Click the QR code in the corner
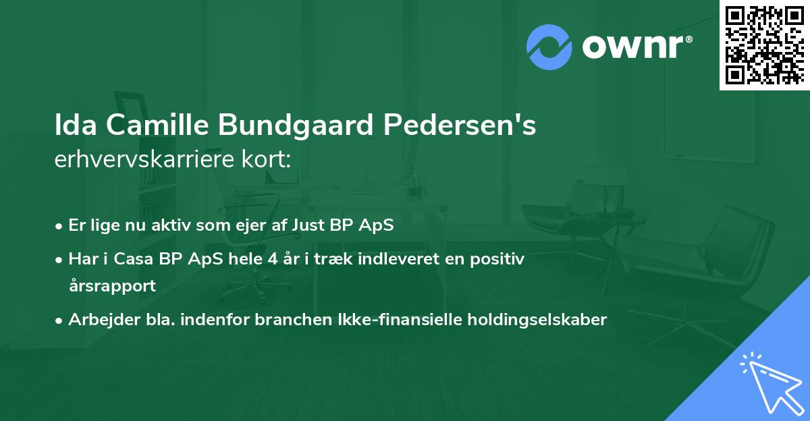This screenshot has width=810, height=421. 764,45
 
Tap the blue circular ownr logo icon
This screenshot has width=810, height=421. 549,47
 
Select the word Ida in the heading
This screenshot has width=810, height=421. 76,125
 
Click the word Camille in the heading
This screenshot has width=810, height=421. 157,125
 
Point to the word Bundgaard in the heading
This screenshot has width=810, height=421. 296,125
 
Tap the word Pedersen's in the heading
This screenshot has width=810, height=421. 459,125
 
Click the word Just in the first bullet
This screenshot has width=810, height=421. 308,225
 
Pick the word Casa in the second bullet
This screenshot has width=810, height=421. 134,259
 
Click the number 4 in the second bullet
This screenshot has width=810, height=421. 273,259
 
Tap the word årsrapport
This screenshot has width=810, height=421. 112,286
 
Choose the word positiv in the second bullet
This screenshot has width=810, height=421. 497,259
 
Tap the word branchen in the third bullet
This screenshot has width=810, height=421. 293,319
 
